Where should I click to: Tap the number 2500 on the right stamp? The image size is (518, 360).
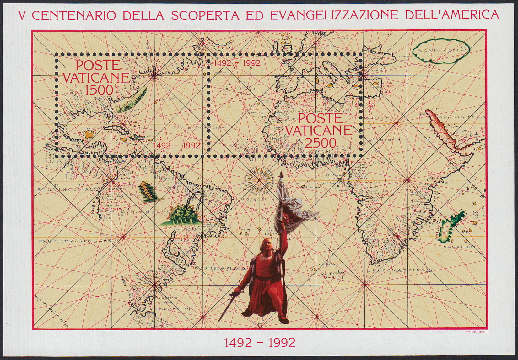321,143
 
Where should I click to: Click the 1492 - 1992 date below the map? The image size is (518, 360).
260,343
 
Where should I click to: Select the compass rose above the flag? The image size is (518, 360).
258,180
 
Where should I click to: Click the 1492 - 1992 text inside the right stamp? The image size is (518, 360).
237,63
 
